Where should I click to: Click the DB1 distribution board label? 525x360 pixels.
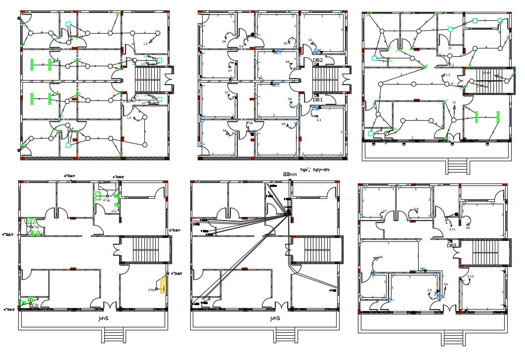[317, 100]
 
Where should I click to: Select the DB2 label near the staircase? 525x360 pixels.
[318, 60]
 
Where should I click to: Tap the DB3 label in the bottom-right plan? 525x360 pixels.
[451, 245]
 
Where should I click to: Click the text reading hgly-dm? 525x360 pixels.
[320, 170]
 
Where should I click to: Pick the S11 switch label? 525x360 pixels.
[452, 229]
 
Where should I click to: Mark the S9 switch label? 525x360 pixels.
[468, 228]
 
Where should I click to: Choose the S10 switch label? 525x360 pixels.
[471, 276]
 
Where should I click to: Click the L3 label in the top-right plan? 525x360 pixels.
[451, 65]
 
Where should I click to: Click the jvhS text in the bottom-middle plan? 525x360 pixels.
[274, 319]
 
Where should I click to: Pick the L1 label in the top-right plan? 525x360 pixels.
[454, 102]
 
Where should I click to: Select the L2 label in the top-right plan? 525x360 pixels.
[448, 75]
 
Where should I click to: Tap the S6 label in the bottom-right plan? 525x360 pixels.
[381, 257]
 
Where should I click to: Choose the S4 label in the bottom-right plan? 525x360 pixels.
[445, 284]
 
